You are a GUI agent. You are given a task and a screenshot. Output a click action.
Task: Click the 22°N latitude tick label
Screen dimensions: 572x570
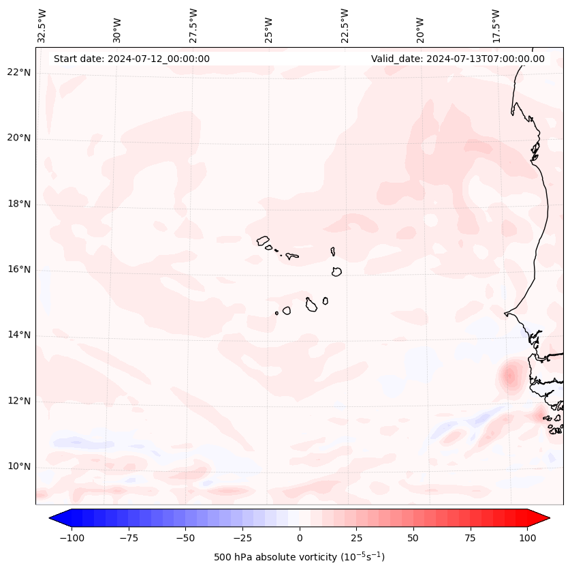pos(19,73)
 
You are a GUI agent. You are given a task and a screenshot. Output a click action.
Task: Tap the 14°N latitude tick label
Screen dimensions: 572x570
pos(19,335)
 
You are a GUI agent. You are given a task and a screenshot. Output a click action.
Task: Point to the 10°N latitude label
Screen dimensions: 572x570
pos(19,467)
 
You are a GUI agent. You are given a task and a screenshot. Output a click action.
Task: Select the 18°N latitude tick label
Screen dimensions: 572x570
pos(19,205)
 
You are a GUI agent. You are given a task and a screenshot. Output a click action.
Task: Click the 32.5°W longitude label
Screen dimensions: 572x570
pos(42,26)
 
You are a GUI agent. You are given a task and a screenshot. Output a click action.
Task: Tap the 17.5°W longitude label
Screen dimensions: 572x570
pos(496,26)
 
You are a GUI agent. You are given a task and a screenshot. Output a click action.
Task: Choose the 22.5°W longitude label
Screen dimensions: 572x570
pos(345,26)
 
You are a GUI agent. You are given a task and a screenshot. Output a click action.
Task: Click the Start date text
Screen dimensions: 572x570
pos(131,59)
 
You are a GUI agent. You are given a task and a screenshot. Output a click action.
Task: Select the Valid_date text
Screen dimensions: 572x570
pos(458,59)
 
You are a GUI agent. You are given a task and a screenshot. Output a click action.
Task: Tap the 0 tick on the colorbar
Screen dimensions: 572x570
pos(300,538)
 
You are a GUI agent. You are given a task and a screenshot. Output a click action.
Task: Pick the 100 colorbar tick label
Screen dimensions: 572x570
pos(528,538)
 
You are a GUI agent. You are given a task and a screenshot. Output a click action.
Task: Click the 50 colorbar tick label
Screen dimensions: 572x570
pos(413,538)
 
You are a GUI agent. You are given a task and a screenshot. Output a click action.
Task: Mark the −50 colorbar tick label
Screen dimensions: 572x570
pos(184,538)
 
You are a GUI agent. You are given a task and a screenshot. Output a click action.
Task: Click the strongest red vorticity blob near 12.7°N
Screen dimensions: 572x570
pos(509,375)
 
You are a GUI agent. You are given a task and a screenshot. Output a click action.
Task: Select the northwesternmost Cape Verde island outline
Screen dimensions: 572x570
pos(264,241)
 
